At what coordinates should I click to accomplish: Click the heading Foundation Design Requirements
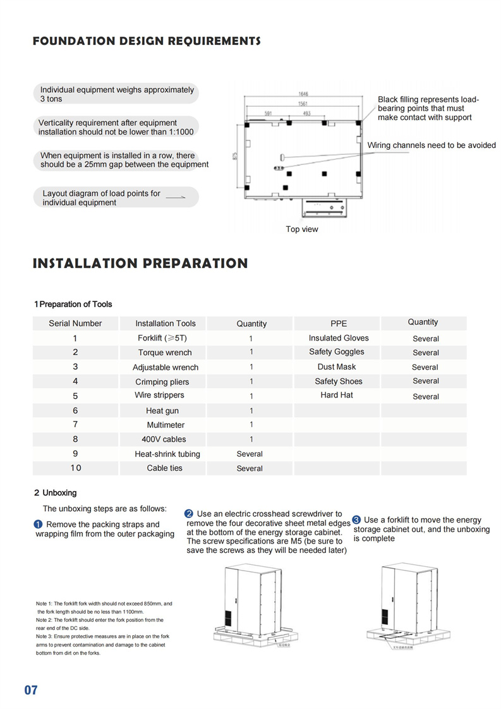click(x=146, y=42)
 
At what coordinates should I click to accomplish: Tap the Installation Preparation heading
click(x=140, y=264)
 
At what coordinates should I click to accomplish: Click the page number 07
click(x=31, y=690)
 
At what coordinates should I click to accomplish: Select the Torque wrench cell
click(x=165, y=353)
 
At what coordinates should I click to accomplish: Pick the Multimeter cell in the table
click(x=166, y=425)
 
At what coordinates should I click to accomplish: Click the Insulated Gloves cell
click(x=339, y=338)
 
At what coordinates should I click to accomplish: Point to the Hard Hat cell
click(x=337, y=395)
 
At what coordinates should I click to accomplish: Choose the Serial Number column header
click(x=75, y=324)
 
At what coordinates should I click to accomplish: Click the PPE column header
click(x=339, y=324)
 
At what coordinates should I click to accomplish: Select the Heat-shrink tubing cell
click(x=167, y=454)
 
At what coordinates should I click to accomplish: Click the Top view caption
click(x=302, y=229)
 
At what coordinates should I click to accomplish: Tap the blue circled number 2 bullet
click(x=188, y=514)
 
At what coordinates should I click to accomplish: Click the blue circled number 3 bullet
click(x=356, y=520)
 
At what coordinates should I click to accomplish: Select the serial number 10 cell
click(x=76, y=468)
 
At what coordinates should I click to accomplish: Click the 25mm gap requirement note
click(x=124, y=160)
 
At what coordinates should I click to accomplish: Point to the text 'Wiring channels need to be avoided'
click(x=432, y=145)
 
